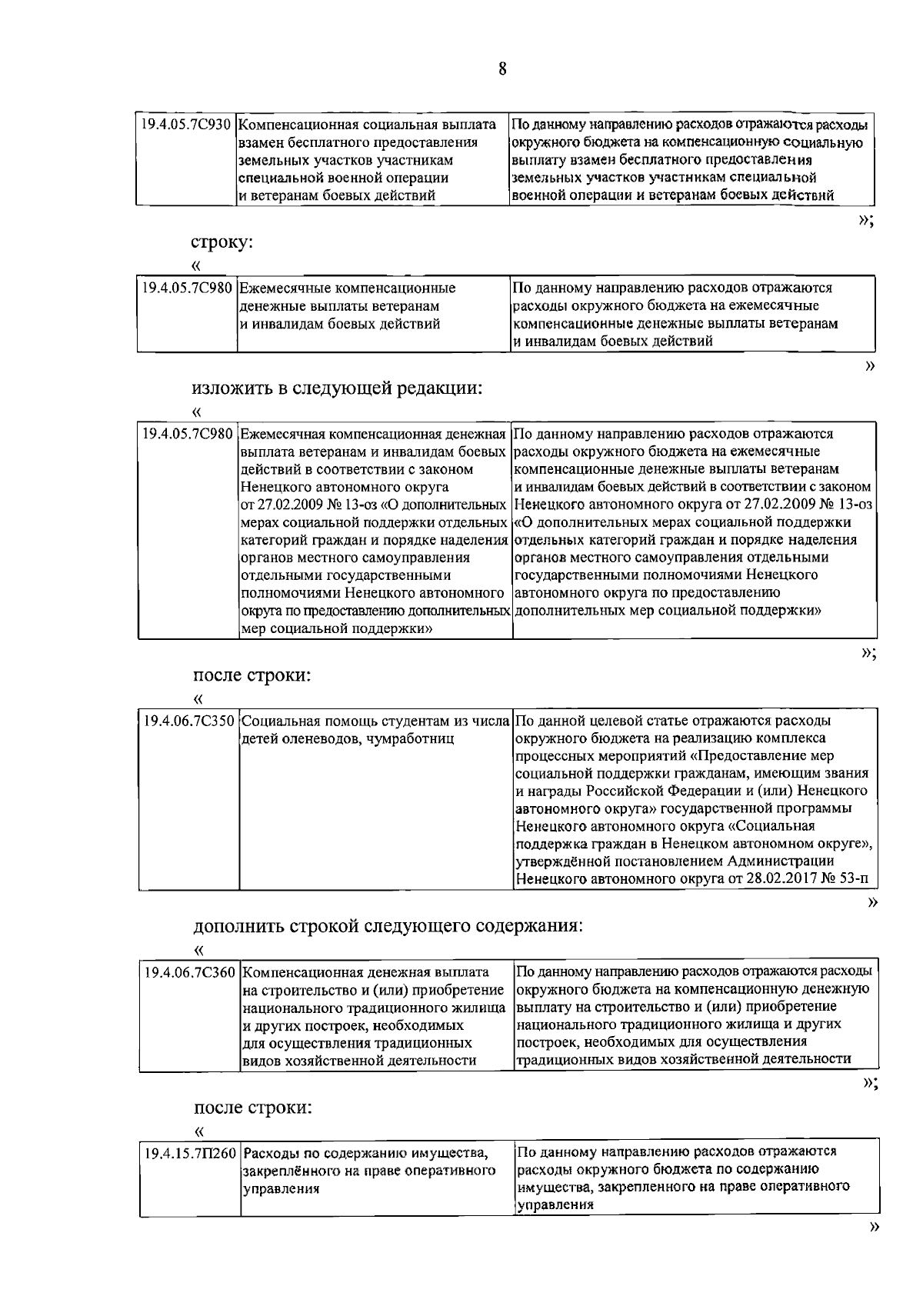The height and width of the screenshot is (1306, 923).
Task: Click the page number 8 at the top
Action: [x=502, y=69]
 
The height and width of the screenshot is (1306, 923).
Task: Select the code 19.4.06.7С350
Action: [x=189, y=721]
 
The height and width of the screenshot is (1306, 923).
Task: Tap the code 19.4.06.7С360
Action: [x=189, y=972]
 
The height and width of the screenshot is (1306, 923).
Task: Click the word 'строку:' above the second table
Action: [x=222, y=242]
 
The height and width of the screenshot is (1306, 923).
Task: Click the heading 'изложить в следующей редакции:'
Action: [x=337, y=388]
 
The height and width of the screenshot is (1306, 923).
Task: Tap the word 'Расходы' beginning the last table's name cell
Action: [x=275, y=1154]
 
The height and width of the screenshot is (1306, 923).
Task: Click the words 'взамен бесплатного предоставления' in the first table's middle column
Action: [x=358, y=142]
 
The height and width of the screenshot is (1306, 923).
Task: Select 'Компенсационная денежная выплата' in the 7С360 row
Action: [x=365, y=972]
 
